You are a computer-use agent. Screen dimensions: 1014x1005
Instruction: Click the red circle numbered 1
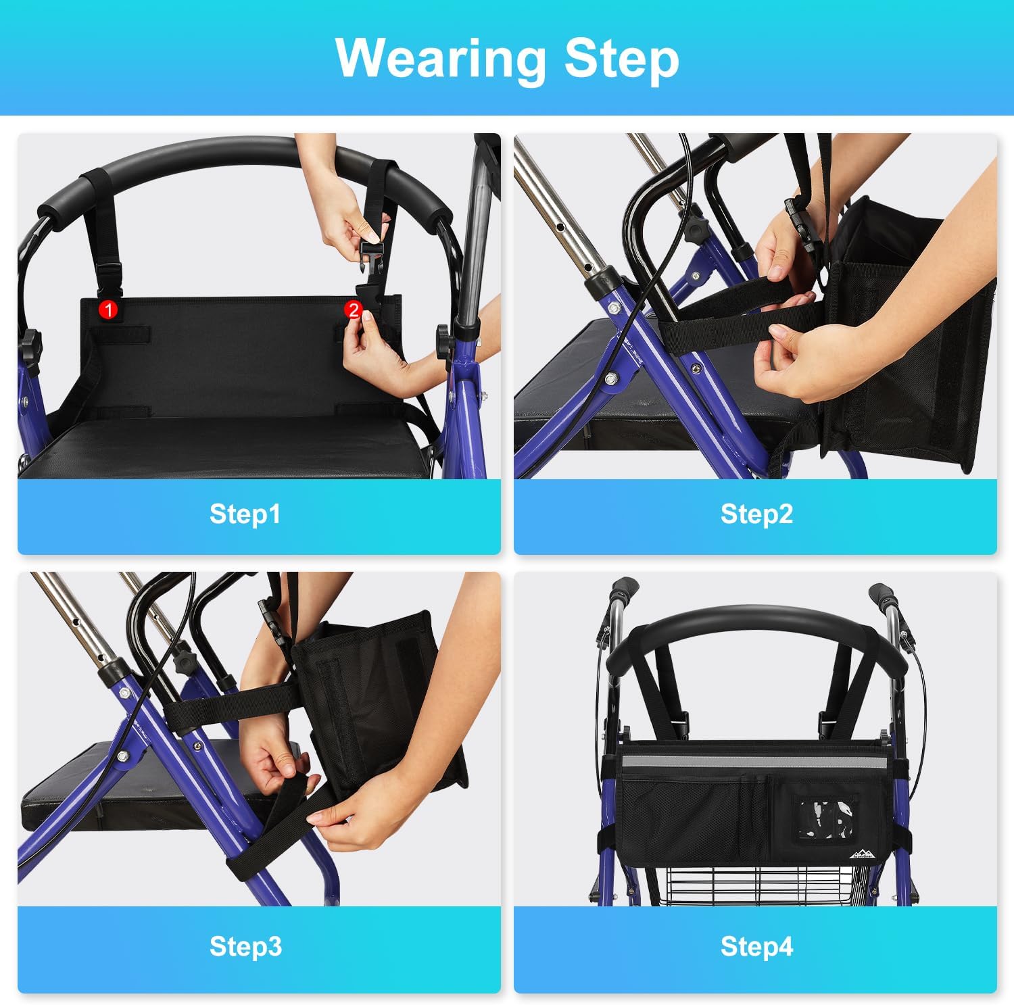click(x=108, y=310)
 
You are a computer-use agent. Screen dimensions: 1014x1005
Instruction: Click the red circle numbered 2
click(x=353, y=310)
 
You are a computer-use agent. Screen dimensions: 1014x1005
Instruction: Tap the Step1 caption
click(x=245, y=514)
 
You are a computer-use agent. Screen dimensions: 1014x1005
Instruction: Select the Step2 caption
click(x=756, y=514)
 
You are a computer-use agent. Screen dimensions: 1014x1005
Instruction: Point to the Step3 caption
click(x=245, y=946)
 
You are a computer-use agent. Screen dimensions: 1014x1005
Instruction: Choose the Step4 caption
click(x=756, y=946)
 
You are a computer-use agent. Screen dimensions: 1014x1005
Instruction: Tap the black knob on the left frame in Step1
click(x=30, y=343)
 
